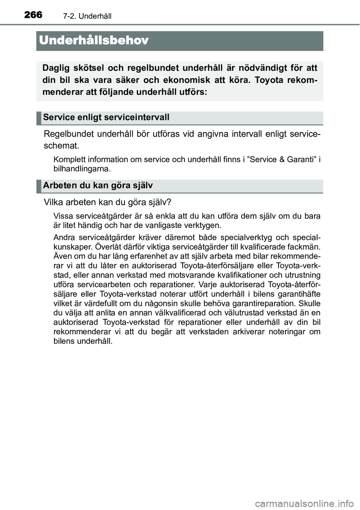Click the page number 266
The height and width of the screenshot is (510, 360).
pyautogui.click(x=33, y=15)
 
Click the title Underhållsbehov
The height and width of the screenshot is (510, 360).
pyautogui.click(x=94, y=40)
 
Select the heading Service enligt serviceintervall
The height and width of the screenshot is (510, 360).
pyautogui.click(x=106, y=117)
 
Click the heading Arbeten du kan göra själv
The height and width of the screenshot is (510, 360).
pyautogui.click(x=98, y=186)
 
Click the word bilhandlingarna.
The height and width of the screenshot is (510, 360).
pyautogui.click(x=82, y=169)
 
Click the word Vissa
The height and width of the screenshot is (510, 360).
pyautogui.click(x=63, y=216)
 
